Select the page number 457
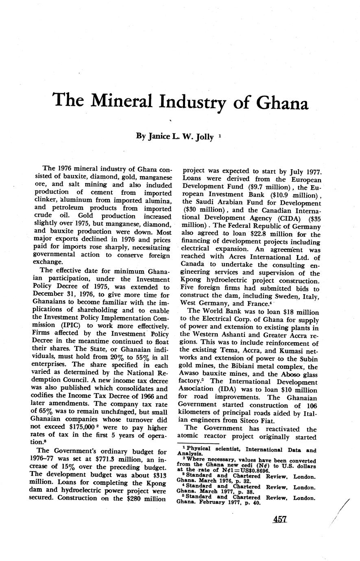click(280, 520)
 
